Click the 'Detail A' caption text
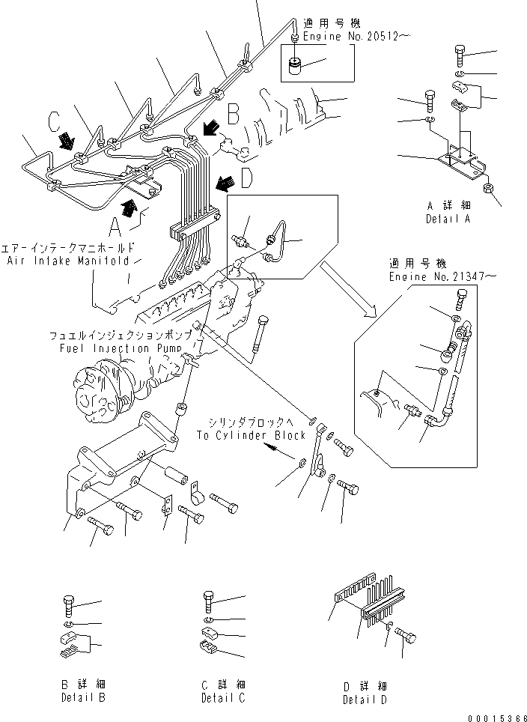[448, 219]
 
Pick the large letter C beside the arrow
[54, 120]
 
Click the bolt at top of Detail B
[69, 604]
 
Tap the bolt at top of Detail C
[210, 601]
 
